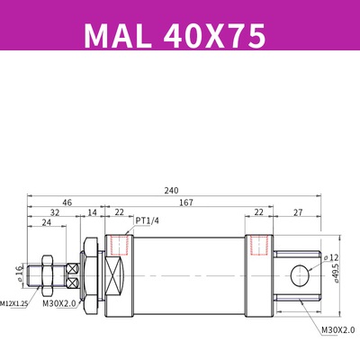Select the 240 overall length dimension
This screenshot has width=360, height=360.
(171, 191)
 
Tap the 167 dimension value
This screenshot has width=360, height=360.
(186, 202)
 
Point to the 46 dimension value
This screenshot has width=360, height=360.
(67, 202)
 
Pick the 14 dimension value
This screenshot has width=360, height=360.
(92, 213)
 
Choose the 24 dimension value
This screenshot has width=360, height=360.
(45, 225)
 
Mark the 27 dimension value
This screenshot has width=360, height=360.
(297, 213)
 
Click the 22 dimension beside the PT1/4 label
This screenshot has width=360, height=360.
(119, 213)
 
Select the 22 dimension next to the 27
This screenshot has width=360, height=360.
(258, 213)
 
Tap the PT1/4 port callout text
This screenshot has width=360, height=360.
(148, 219)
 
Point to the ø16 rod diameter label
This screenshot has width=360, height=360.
(19, 271)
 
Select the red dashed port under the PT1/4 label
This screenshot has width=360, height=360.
(115, 245)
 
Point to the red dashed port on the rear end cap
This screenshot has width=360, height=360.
(261, 245)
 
